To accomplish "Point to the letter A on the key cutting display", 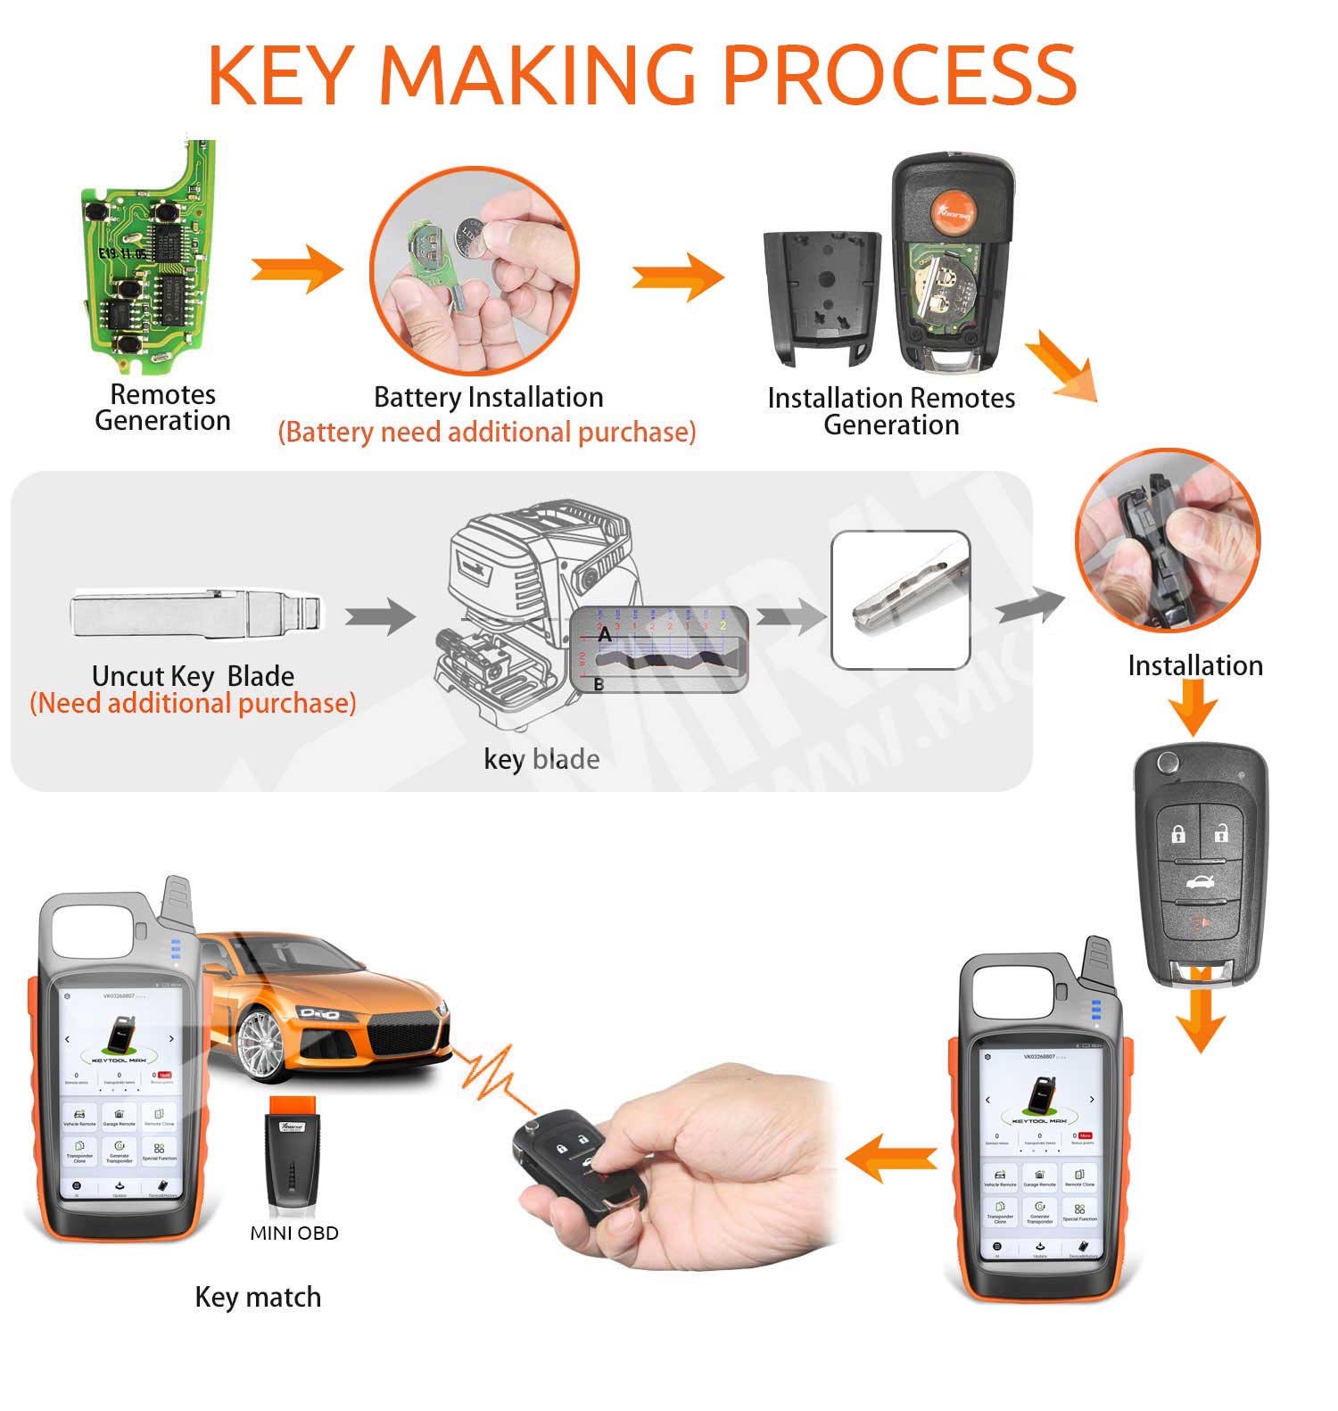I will tap(605, 635).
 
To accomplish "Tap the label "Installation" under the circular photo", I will tap(1194, 665).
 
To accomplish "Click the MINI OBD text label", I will tap(293, 1234).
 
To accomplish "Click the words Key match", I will tap(258, 1297).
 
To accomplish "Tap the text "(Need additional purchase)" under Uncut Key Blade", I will tap(193, 704).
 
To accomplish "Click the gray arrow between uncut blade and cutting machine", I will tap(380, 615).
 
